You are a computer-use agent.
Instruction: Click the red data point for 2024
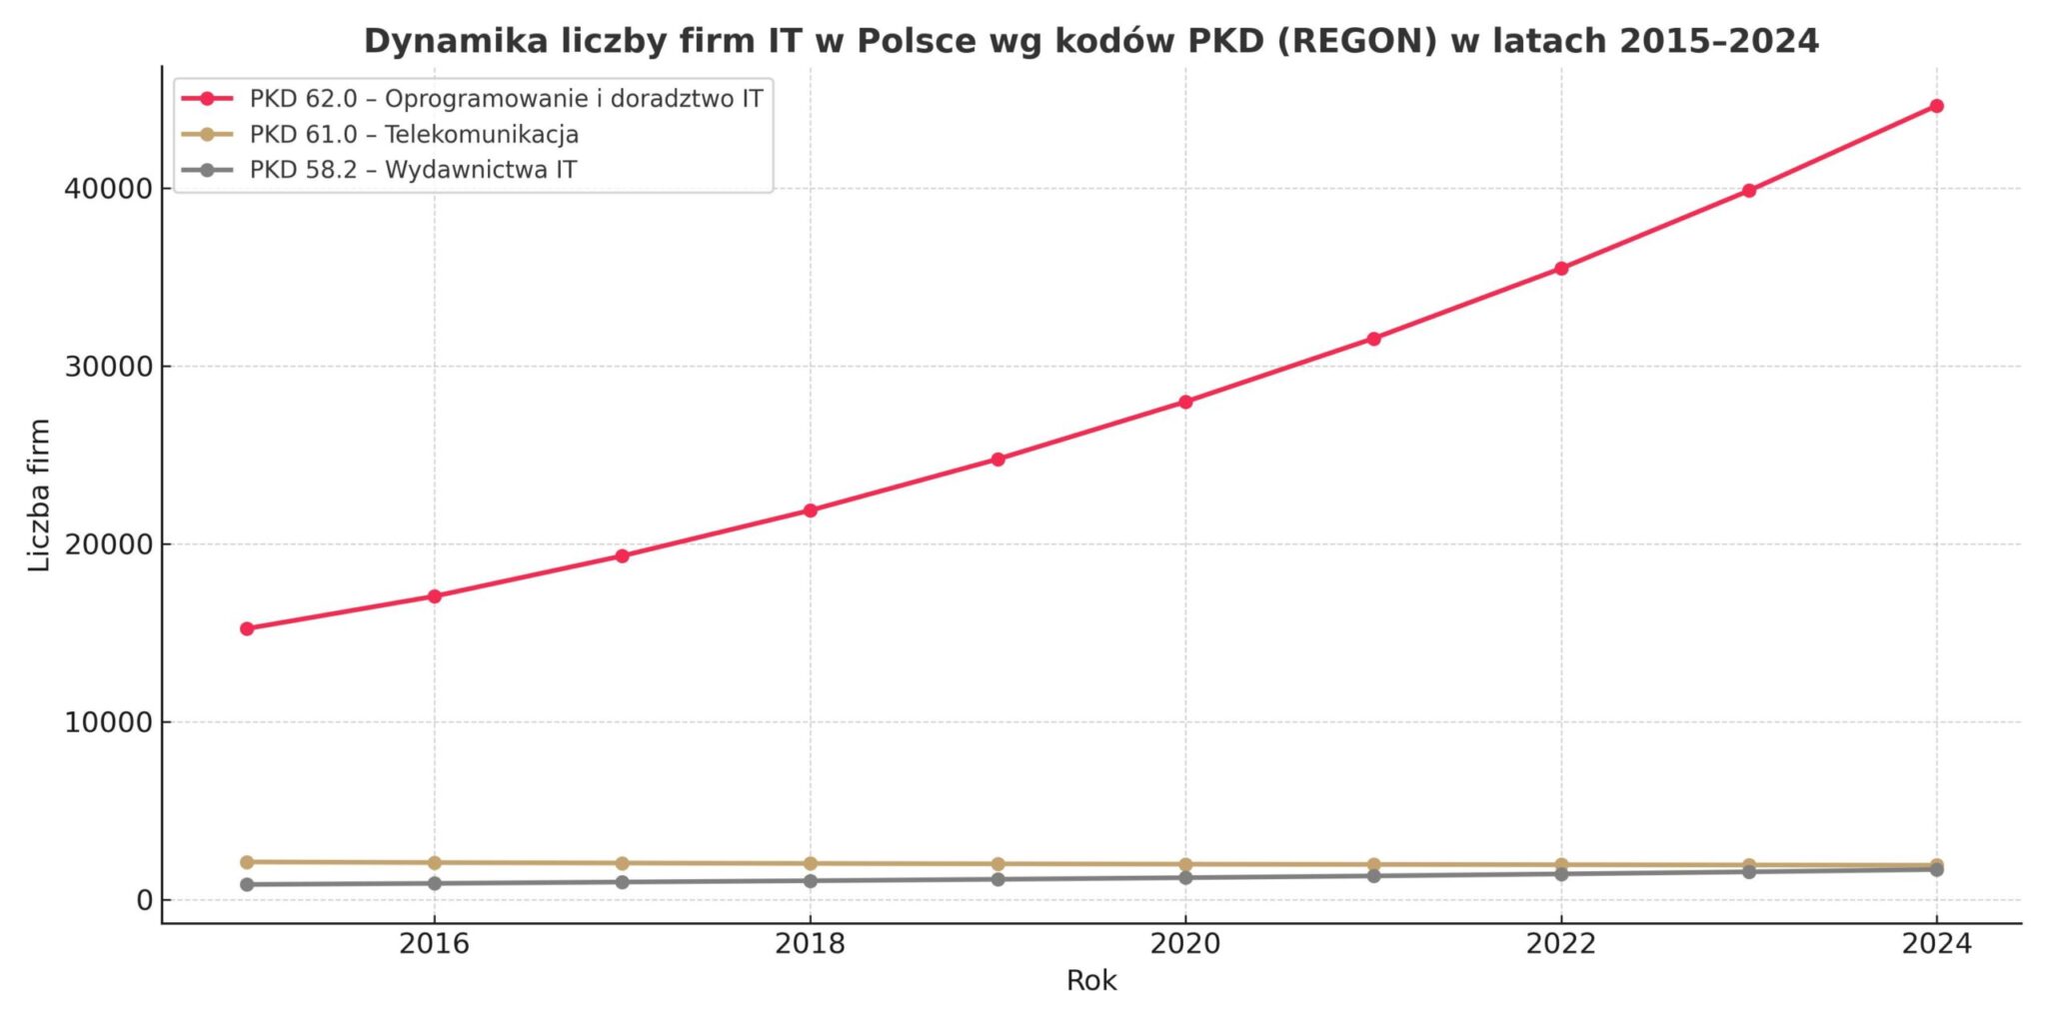(1936, 106)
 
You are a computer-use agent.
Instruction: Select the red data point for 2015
(247, 628)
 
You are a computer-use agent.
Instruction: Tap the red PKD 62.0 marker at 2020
(1185, 402)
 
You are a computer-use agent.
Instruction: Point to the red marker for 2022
(1561, 269)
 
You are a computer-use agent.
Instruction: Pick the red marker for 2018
(811, 511)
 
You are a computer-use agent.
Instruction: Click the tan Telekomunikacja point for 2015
(247, 861)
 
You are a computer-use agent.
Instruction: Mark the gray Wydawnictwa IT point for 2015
(247, 884)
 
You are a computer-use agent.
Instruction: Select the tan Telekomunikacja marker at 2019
(998, 864)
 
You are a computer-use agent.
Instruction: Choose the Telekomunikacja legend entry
(414, 134)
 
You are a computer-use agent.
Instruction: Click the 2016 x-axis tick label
(434, 944)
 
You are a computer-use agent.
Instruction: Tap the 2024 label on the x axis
(1936, 944)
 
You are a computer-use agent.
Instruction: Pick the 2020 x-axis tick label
(1185, 944)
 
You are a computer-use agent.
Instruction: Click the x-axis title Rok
(1091, 981)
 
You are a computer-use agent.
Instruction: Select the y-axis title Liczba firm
(39, 496)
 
